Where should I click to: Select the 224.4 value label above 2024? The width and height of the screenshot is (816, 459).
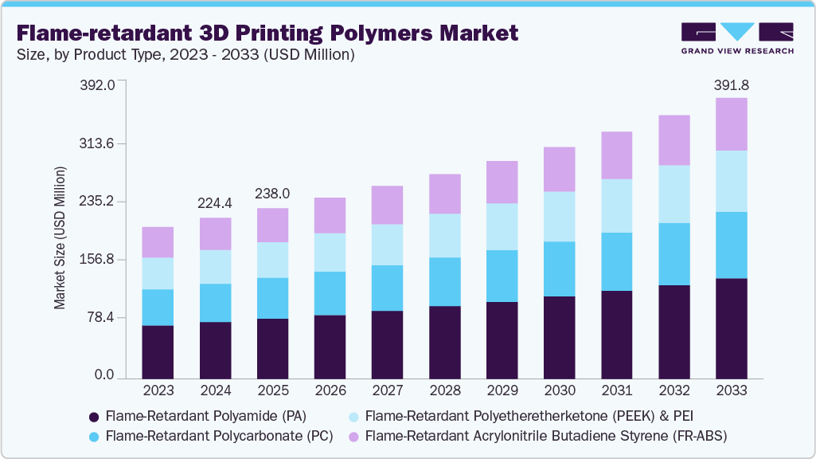point(216,202)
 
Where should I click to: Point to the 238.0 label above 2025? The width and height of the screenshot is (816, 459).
point(272,194)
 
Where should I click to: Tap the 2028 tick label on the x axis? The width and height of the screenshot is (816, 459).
point(444,391)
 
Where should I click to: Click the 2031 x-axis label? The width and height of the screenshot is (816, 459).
point(616,391)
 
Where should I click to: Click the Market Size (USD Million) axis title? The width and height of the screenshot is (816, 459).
point(60,237)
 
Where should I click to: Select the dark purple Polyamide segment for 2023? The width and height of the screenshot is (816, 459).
point(158,351)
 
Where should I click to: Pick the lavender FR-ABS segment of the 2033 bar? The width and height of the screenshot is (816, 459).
point(731,124)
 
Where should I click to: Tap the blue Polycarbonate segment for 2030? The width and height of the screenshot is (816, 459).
point(559,269)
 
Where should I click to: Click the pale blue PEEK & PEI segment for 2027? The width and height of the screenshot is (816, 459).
point(387,245)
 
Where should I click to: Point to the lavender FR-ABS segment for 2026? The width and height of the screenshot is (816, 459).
point(330,215)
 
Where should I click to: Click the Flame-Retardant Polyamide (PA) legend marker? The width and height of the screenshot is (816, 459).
point(94,416)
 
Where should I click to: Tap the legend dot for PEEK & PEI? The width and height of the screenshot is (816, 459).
point(353,416)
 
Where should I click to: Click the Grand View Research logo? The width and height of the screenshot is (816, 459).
point(737,37)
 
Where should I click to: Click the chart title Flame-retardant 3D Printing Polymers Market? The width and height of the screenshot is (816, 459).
point(267,33)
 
